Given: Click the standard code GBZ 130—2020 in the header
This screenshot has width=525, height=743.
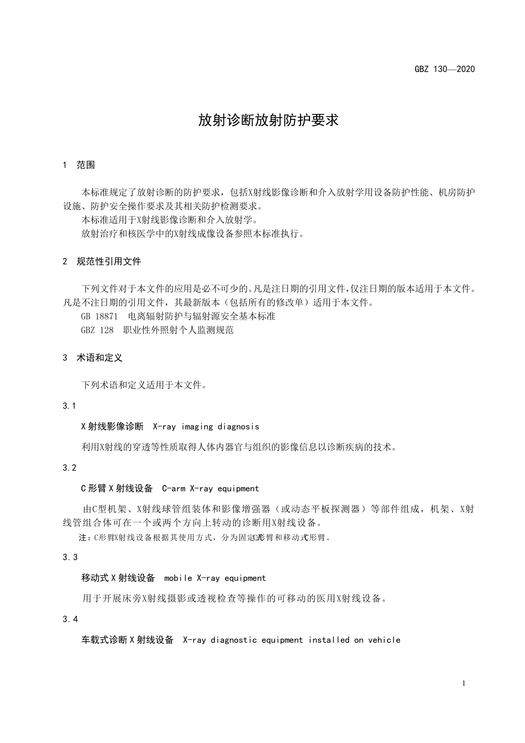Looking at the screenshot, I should [444, 69].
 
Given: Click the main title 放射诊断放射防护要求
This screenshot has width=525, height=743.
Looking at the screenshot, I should [268, 121].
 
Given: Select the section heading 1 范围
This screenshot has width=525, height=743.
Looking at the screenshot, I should [79, 165].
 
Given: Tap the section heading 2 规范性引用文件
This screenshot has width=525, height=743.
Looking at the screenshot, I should [102, 261].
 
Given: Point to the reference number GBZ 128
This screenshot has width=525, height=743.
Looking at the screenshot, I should [97, 330].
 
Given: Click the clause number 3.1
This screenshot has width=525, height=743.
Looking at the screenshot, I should [70, 406].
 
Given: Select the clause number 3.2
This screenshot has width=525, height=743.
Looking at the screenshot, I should [70, 468].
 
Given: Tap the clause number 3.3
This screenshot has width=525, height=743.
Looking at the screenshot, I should [70, 557].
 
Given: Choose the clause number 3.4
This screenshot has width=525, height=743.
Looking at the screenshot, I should [70, 619].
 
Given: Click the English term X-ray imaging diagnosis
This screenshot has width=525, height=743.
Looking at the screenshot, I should [206, 427].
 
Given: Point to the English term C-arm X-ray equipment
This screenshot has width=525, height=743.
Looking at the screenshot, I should [210, 489].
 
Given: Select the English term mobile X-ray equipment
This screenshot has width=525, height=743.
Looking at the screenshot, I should [215, 578].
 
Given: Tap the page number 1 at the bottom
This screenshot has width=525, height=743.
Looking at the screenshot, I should [464, 683].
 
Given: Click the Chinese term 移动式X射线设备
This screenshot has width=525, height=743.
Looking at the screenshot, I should [118, 578].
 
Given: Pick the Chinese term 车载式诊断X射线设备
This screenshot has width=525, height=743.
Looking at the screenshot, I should [128, 640].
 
